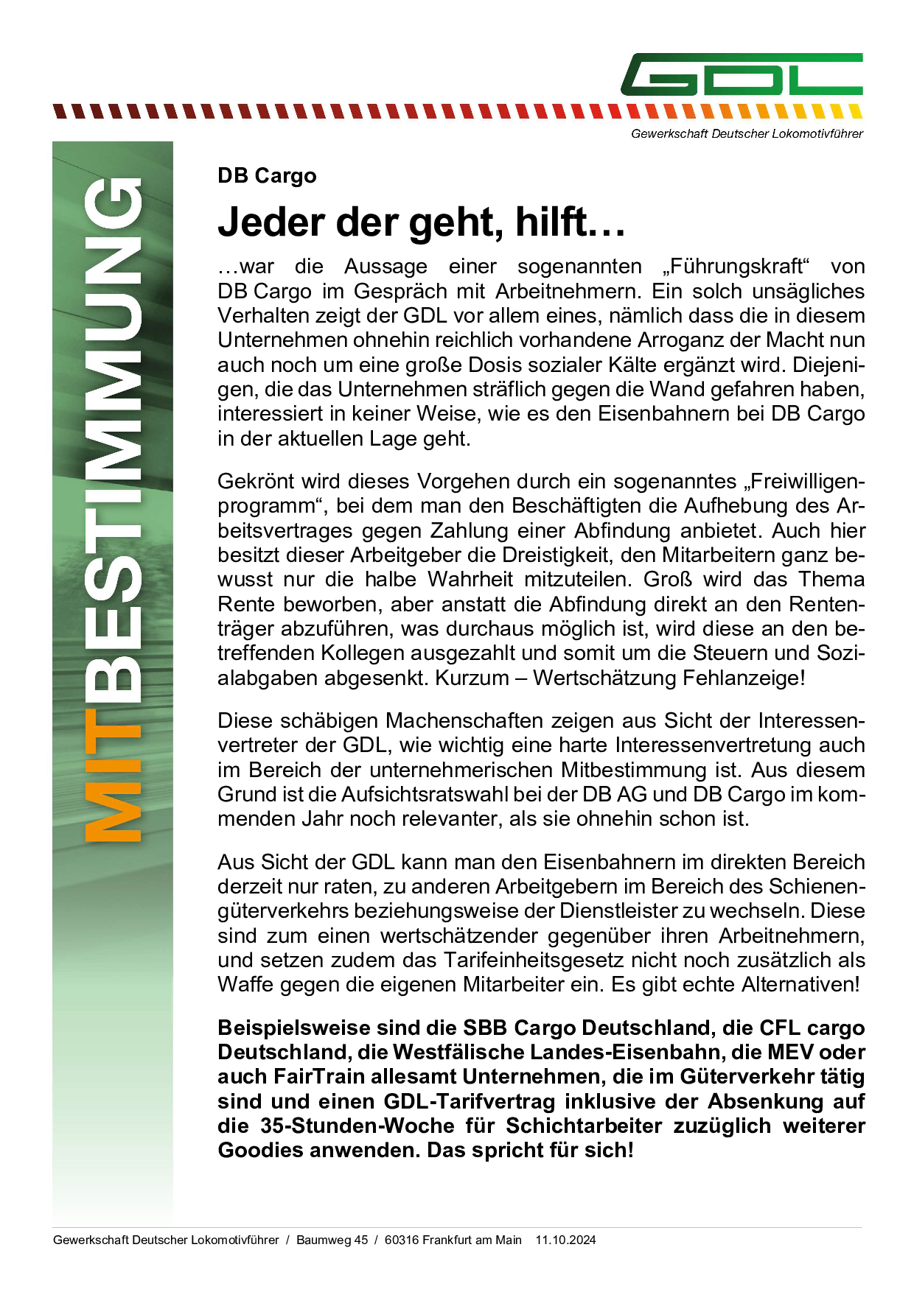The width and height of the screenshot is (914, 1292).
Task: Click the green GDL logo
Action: [x=742, y=74]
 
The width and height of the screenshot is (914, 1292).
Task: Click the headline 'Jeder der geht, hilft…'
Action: [x=421, y=222]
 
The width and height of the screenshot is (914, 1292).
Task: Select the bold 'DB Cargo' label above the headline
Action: [x=267, y=176]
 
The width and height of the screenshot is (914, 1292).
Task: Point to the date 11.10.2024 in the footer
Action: [x=565, y=1240]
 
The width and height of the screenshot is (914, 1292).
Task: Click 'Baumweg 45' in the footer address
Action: [x=332, y=1240]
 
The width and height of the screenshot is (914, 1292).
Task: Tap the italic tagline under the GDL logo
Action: [x=746, y=134]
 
